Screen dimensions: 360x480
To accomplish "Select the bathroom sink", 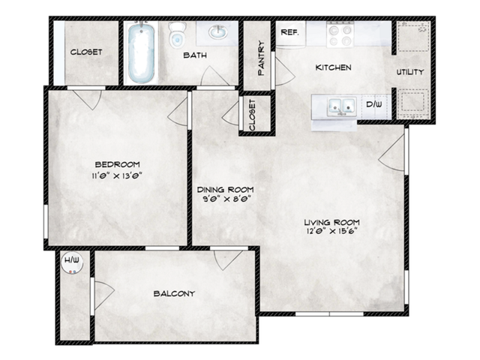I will [218, 32].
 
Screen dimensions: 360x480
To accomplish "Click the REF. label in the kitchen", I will [288, 32].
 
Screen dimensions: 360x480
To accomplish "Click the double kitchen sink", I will [338, 107].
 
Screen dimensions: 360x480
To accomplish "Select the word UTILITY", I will [410, 72].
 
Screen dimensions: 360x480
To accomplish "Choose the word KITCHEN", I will [333, 67].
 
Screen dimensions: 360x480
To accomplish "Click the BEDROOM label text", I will [117, 164].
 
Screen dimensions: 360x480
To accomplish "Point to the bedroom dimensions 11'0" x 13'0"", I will [117, 175].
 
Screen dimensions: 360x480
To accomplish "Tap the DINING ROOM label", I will [225, 189].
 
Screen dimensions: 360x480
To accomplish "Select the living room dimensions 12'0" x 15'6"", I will [331, 232].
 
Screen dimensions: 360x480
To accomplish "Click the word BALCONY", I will [174, 293].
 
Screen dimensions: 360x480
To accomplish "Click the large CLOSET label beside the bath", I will [86, 52].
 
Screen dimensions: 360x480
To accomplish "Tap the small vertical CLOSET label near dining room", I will [253, 115].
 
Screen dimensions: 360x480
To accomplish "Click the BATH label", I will [194, 55].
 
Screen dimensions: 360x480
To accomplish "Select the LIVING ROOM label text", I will [331, 222].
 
